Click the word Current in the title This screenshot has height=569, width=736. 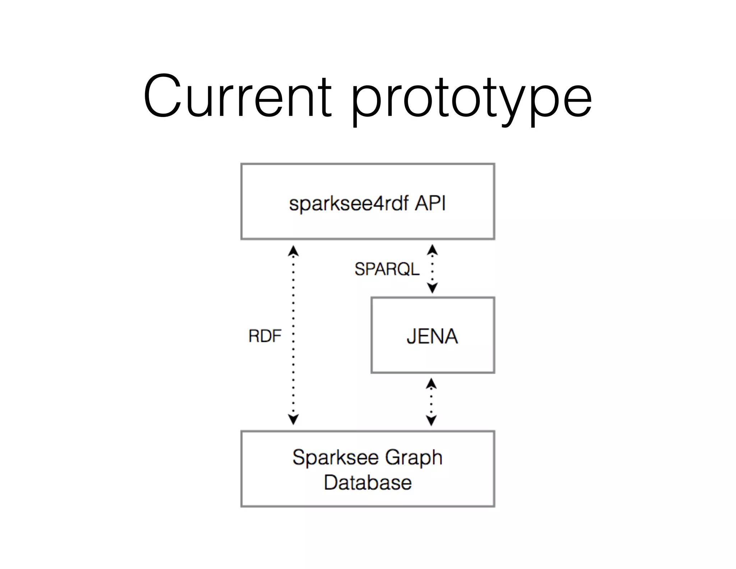click(237, 96)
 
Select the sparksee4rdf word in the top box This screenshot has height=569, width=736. click(349, 204)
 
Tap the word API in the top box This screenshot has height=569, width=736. click(431, 203)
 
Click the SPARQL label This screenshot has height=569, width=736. click(387, 269)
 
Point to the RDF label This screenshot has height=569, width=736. click(265, 336)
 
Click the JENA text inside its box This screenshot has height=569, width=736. click(432, 336)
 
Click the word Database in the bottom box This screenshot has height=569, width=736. click(367, 482)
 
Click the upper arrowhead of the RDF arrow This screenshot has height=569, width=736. click(293, 251)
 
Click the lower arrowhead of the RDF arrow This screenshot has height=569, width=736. click(293, 419)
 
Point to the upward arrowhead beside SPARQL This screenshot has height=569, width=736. click(432, 250)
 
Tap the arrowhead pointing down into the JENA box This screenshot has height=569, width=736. click(432, 288)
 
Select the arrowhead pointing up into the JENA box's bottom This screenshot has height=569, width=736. click(431, 384)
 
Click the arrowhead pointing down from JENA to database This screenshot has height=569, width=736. click(431, 420)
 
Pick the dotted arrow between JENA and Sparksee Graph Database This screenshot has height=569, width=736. click(431, 402)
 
